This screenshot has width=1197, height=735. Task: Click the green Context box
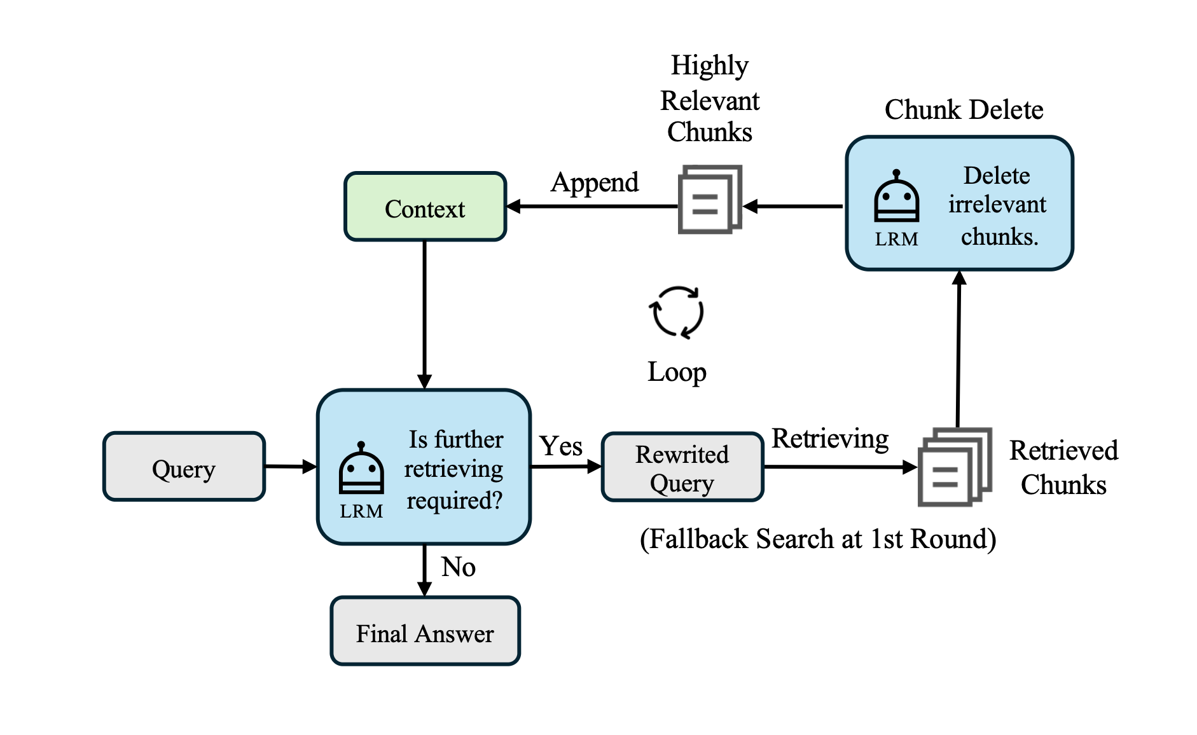tap(425, 207)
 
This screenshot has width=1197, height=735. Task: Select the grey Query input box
tap(184, 467)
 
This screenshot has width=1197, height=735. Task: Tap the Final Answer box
tap(425, 631)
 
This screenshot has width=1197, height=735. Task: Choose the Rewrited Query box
tap(682, 467)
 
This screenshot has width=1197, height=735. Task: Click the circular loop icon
tap(677, 312)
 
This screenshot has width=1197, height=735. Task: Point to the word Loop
tap(677, 372)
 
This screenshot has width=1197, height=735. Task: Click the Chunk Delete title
tap(964, 109)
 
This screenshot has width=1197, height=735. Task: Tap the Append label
tap(595, 182)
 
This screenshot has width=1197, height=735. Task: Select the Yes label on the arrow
tap(560, 446)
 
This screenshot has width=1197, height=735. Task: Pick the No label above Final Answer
tap(458, 566)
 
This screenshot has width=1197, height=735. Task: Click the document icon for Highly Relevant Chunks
tap(710, 199)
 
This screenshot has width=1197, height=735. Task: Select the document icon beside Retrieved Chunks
tap(954, 467)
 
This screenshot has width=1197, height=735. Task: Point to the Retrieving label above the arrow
tap(830, 439)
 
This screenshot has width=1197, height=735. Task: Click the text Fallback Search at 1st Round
tap(818, 539)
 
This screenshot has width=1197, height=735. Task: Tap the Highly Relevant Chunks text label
tap(710, 99)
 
